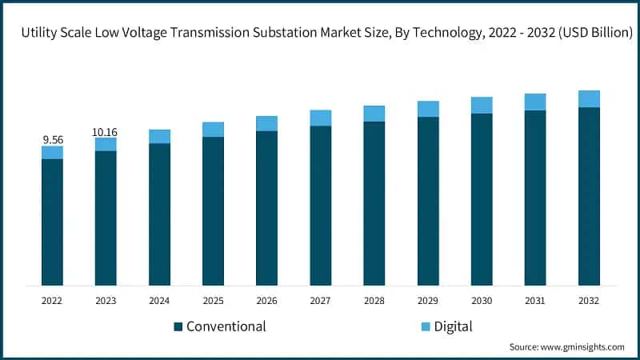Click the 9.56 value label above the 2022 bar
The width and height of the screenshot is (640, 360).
coord(52,139)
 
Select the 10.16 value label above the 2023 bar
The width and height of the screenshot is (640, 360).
coord(106,131)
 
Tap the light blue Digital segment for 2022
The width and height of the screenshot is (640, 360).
coord(52,152)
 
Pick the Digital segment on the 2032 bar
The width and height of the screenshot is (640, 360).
coord(589,98)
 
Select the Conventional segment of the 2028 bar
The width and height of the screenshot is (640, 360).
coord(374,203)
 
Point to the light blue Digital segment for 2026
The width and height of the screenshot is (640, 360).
coord(266,123)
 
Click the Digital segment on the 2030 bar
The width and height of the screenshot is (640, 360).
coord(482,105)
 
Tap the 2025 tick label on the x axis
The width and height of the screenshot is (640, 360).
coord(213,301)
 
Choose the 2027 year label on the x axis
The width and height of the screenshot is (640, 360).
coord(320,301)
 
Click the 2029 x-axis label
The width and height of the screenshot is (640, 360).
coord(428,301)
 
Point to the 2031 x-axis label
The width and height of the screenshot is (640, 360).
coord(535,301)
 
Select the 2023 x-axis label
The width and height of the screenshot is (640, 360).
coord(106,301)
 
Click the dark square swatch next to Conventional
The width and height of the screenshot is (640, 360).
coord(178,326)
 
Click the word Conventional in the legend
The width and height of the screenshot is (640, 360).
coord(226,326)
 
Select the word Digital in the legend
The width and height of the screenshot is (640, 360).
coord(454,326)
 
